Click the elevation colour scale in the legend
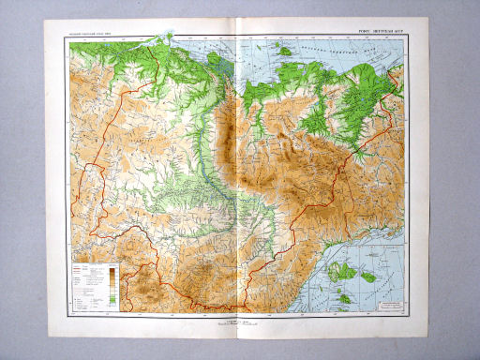point(112,282)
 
